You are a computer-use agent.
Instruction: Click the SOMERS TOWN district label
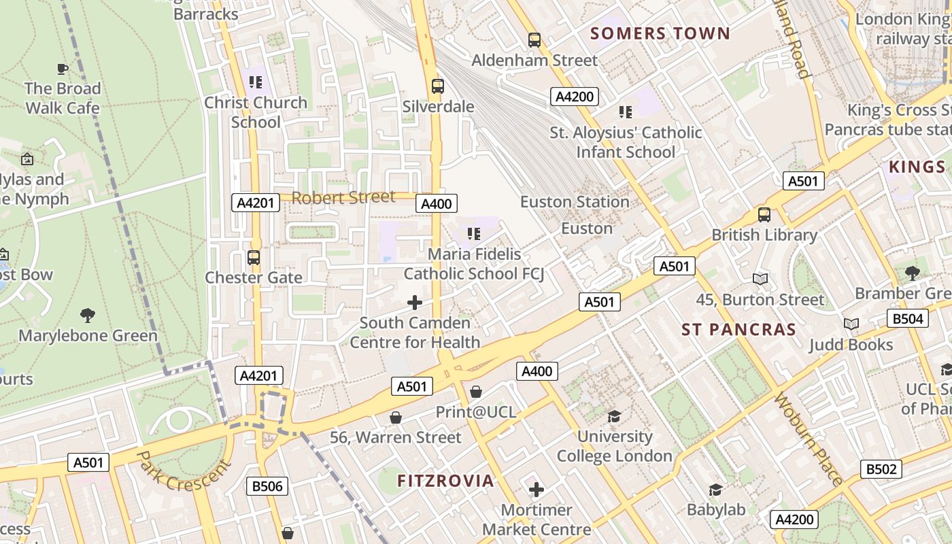pyautogui.click(x=660, y=33)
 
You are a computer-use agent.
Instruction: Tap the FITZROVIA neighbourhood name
pyautogui.click(x=445, y=481)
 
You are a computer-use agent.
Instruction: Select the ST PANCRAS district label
pyautogui.click(x=738, y=330)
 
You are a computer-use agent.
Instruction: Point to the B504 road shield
pyautogui.click(x=908, y=318)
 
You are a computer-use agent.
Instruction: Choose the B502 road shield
pyautogui.click(x=881, y=469)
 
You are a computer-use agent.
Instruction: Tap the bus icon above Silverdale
pyautogui.click(x=438, y=86)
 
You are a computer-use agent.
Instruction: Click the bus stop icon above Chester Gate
pyautogui.click(x=254, y=258)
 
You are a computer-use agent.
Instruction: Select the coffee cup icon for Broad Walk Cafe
pyautogui.click(x=63, y=69)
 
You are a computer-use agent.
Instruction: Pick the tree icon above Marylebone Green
pyautogui.click(x=88, y=316)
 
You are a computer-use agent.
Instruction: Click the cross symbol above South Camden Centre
pyautogui.click(x=415, y=303)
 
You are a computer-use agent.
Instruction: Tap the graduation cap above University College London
pyautogui.click(x=614, y=416)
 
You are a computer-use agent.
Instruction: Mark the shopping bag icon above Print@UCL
pyautogui.click(x=476, y=392)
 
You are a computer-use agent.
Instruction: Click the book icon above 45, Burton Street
pyautogui.click(x=760, y=279)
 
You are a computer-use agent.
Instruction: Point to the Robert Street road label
pyautogui.click(x=343, y=198)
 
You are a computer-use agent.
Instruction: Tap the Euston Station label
pyautogui.click(x=575, y=202)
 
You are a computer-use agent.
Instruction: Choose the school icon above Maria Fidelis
pyautogui.click(x=474, y=235)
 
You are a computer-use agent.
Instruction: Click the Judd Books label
pyautogui.click(x=851, y=345)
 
